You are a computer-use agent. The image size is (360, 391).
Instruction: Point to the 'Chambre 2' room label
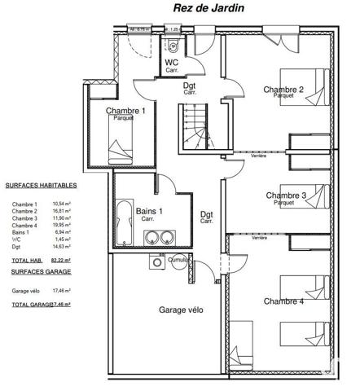tap(283, 90)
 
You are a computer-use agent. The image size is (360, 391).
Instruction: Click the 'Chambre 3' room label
tap(286, 195)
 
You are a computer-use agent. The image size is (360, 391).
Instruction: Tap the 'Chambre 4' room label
tap(283, 301)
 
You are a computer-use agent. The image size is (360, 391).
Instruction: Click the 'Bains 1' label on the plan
tap(148, 211)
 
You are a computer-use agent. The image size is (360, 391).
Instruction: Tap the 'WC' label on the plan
tap(172, 63)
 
